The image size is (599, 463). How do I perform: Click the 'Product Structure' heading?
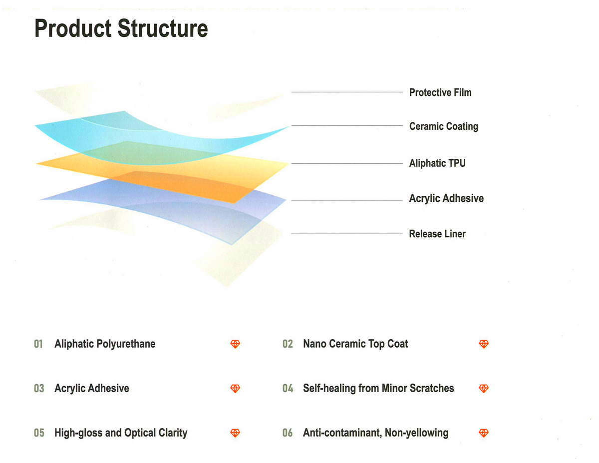coord(121,28)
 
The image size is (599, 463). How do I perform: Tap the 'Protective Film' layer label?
coord(440,92)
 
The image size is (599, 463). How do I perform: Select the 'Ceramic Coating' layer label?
coord(444,126)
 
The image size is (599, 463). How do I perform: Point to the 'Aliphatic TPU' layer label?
coord(437,163)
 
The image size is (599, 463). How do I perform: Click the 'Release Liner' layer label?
coord(437,234)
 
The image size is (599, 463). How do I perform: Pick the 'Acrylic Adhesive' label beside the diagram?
coord(446,198)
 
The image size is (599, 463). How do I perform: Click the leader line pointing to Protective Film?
coord(347,92)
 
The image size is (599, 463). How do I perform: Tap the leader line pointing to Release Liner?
coord(347,234)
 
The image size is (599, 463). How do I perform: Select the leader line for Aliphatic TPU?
coord(347,163)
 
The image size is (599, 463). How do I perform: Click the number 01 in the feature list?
coord(38,344)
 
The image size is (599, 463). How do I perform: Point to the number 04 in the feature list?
coord(288,388)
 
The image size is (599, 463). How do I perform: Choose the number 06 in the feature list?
coord(288,433)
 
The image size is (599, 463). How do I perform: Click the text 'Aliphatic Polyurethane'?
coord(105,344)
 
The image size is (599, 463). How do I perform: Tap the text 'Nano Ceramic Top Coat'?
coord(355,344)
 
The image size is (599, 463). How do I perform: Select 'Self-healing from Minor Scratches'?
coord(378,388)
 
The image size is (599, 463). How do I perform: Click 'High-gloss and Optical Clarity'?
coord(121,433)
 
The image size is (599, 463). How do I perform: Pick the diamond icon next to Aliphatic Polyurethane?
coord(235,344)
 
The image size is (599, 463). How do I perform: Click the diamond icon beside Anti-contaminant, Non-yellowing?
coord(484,433)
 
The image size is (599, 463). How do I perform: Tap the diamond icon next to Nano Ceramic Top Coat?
coord(484,344)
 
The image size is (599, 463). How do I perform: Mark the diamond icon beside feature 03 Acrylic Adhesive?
coord(235,388)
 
